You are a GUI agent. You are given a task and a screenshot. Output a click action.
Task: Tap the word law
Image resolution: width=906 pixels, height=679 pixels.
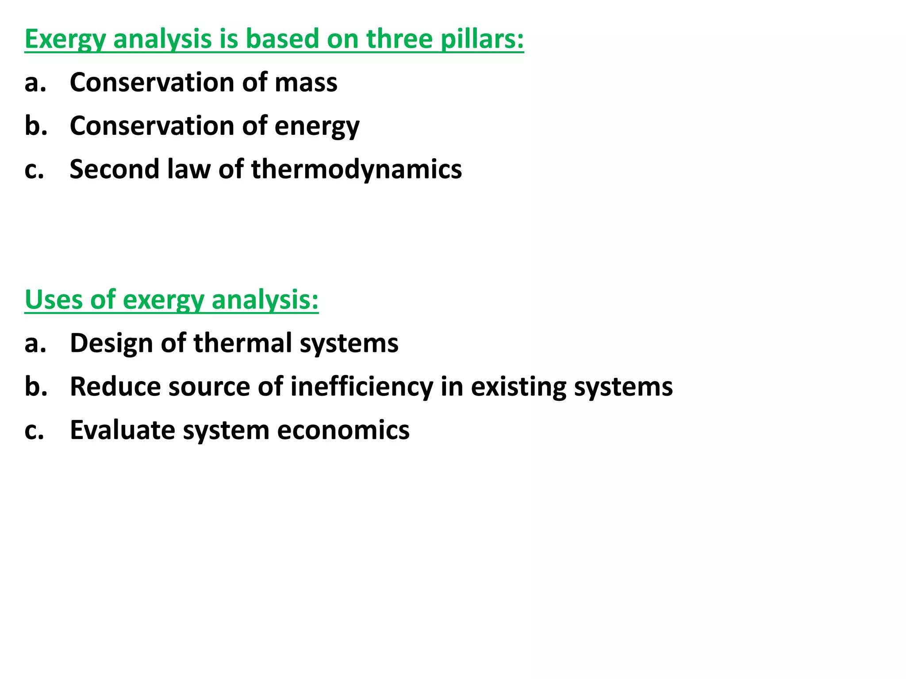point(188,169)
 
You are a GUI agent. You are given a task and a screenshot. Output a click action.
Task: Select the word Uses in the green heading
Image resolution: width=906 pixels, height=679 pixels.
point(54,300)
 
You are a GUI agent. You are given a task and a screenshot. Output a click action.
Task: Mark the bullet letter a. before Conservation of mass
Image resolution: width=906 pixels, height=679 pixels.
point(35,83)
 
